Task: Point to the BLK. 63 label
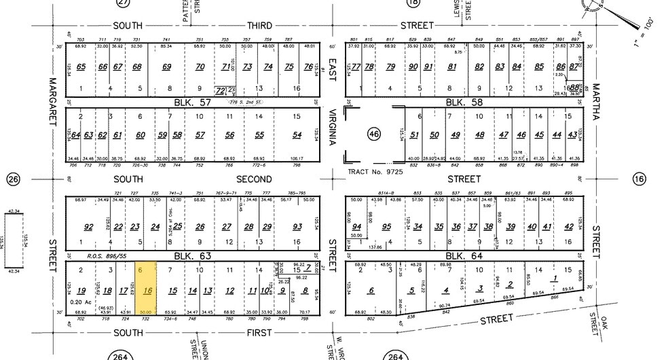179,257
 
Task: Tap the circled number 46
374,134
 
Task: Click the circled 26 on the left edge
13,179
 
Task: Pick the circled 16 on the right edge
638,179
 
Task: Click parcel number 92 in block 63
88,227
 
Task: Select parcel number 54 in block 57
297,135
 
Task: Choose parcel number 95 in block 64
386,227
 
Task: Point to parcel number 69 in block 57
167,67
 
